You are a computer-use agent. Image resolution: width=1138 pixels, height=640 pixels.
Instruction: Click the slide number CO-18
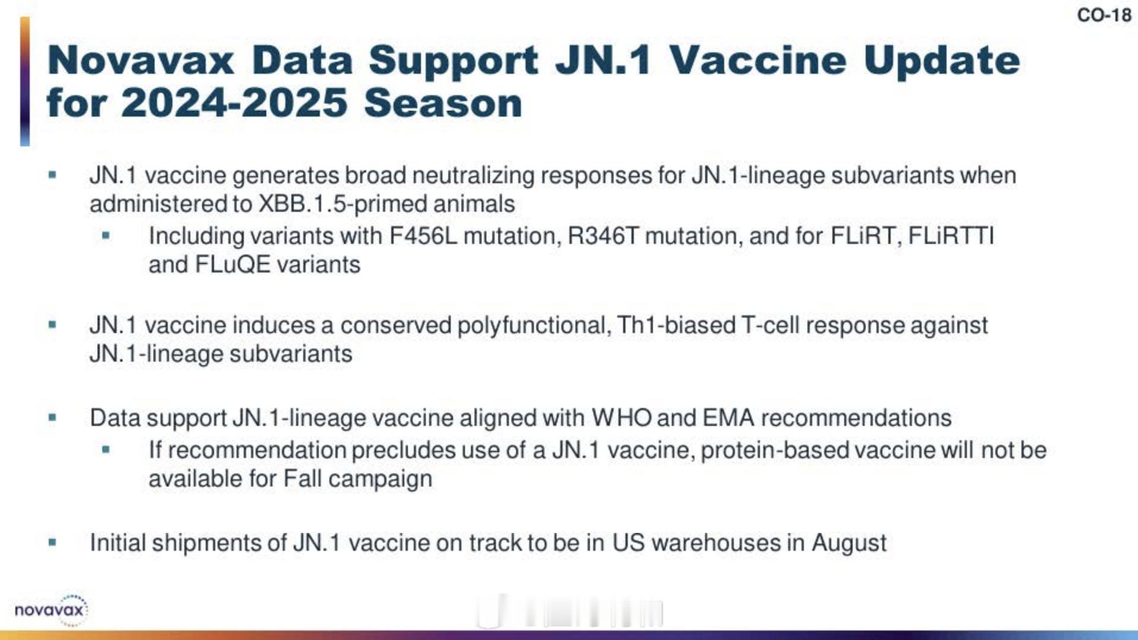click(1104, 15)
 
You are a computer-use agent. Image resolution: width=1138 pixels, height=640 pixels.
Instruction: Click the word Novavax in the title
click(141, 60)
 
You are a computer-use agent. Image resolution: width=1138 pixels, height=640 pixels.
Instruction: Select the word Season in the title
click(443, 103)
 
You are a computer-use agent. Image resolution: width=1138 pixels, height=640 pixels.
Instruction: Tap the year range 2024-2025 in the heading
click(234, 103)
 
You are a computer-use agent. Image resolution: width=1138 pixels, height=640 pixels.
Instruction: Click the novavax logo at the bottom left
click(52, 610)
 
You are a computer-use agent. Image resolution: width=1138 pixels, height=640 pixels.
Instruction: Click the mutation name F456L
click(423, 236)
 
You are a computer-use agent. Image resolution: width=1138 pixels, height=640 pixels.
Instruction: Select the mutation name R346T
click(603, 236)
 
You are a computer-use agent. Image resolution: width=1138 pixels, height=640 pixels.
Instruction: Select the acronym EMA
click(728, 418)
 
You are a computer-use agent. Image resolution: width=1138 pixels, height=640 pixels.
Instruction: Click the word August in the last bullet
click(849, 544)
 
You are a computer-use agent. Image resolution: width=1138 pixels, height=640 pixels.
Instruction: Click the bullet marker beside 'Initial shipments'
click(52, 542)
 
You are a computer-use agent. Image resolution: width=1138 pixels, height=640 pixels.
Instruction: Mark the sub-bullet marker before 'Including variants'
click(106, 236)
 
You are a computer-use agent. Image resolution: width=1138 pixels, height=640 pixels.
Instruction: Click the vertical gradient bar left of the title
click(25, 81)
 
